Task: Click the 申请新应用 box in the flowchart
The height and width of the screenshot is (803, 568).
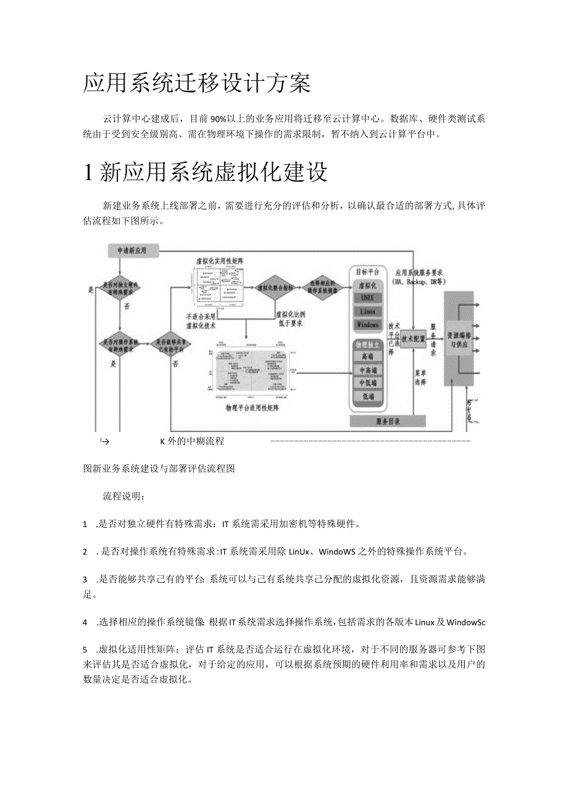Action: coord(133,251)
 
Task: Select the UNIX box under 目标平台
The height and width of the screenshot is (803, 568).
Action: coord(367,297)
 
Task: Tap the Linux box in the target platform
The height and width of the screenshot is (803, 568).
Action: coord(367,311)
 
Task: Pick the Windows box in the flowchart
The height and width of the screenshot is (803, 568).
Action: coord(367,325)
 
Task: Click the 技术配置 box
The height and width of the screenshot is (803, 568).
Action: coord(413,338)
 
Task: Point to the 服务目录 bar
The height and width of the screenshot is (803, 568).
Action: coord(388,421)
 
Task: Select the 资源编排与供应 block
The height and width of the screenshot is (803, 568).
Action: coord(459,339)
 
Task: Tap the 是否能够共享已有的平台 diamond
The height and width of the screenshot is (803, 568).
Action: coord(173,345)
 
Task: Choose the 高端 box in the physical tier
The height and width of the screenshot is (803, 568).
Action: coord(367,356)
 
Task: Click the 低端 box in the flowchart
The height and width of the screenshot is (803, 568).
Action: coord(367,396)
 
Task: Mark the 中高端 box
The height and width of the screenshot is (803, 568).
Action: coord(367,370)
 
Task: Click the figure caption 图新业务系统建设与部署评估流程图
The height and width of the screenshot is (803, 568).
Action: coord(159,468)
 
